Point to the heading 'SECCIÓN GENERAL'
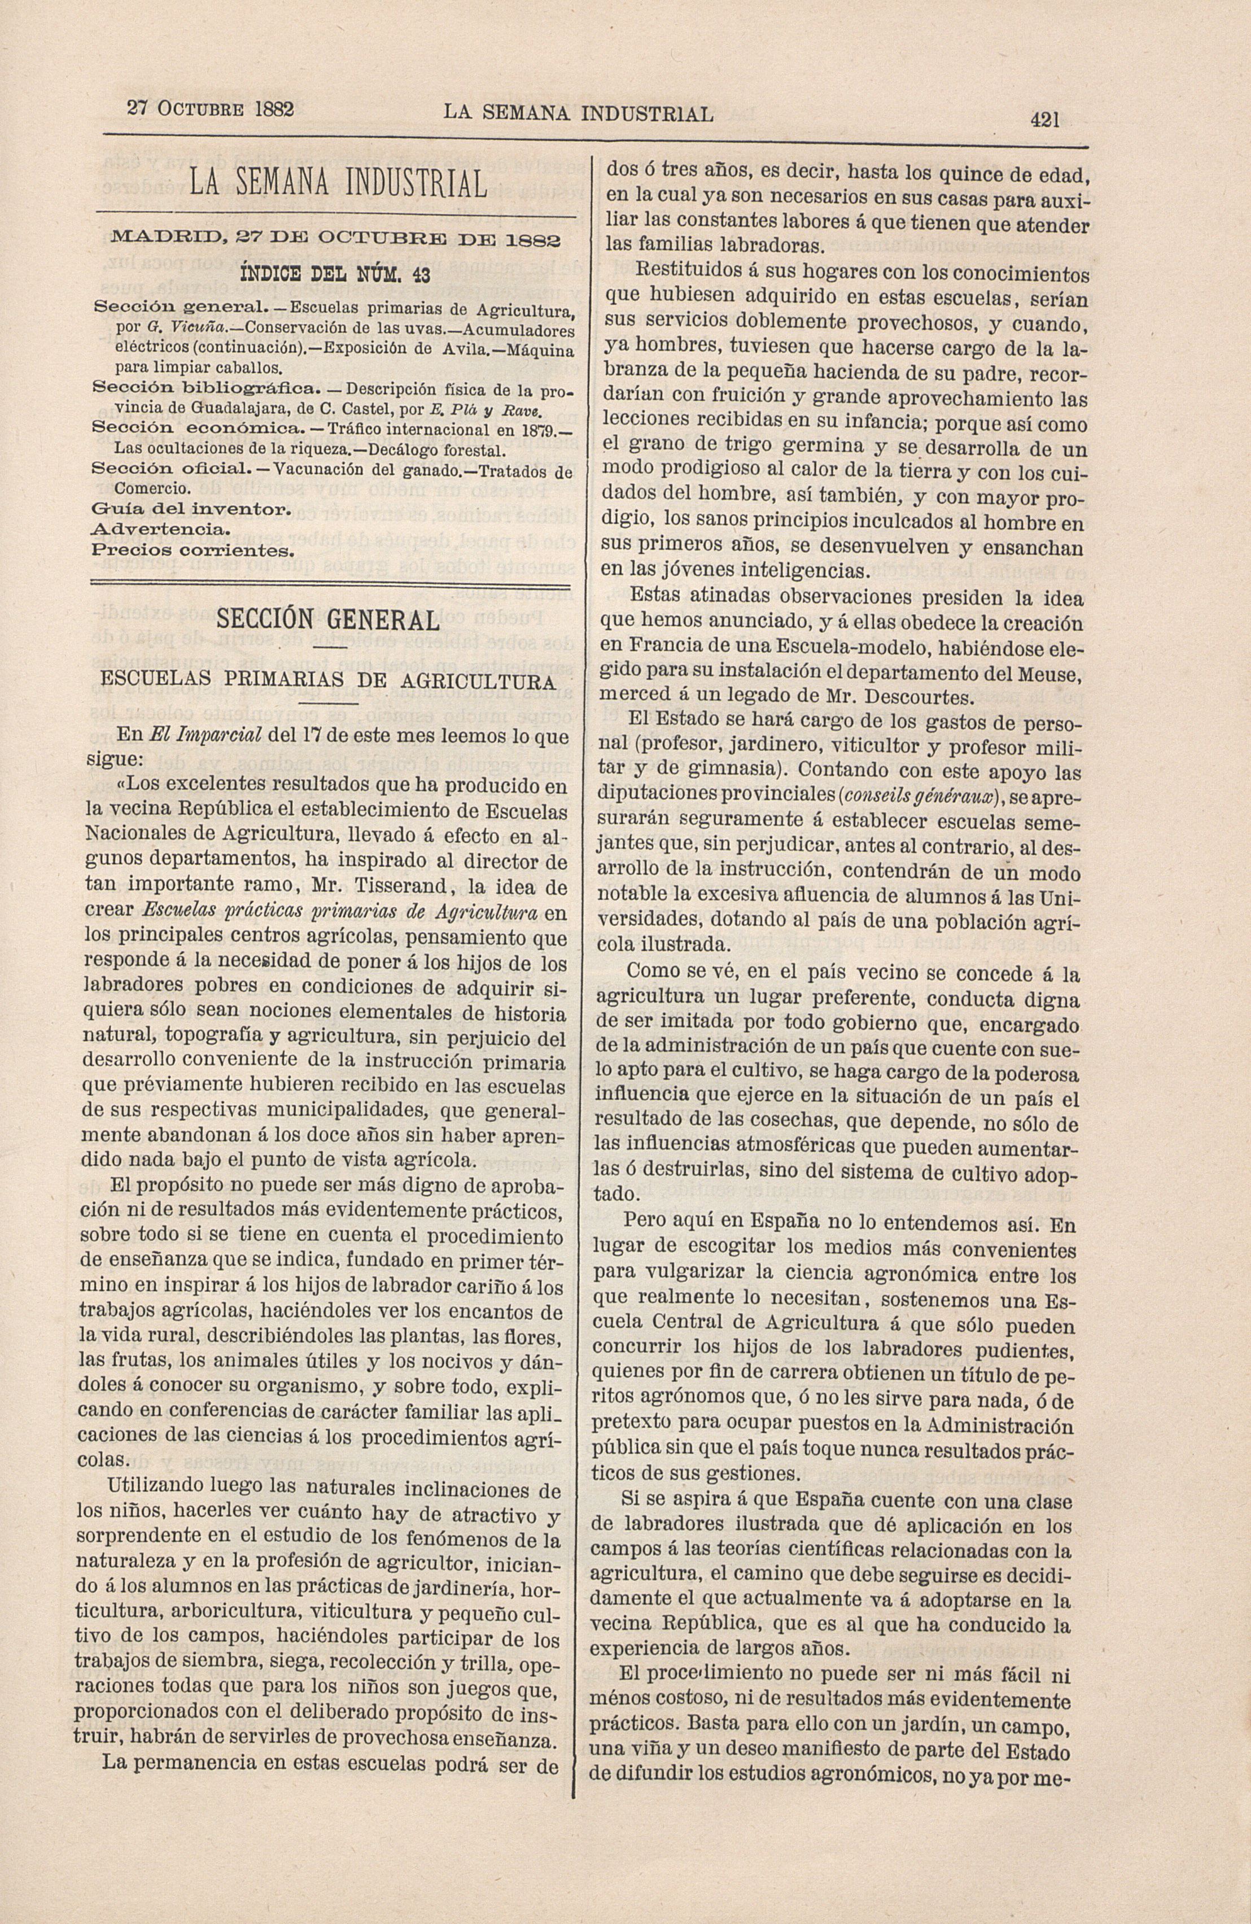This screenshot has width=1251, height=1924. click(x=327, y=620)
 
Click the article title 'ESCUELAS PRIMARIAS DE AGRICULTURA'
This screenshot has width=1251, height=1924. click(x=327, y=680)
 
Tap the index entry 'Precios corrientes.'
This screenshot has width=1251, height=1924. click(x=191, y=552)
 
